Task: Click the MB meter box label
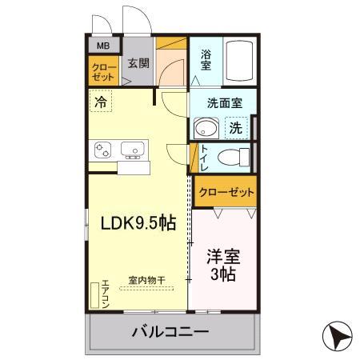103,46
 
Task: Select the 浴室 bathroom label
206,61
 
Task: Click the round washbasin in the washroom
206,128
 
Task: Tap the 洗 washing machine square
236,127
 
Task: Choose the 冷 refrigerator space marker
100,102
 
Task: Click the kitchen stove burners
104,149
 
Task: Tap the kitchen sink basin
132,148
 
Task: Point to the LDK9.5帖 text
137,224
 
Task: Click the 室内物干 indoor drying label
147,281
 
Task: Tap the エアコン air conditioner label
105,293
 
